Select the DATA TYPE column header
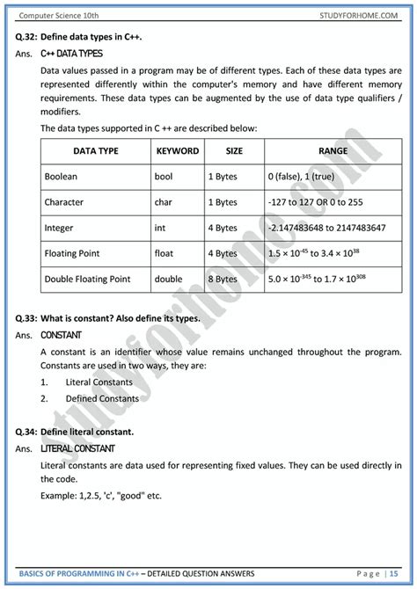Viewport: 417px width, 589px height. click(95, 151)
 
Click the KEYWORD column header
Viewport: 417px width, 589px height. click(177, 151)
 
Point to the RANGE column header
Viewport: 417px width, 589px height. click(333, 151)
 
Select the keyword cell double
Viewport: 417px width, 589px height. click(169, 279)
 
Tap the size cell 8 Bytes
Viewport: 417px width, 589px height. click(223, 279)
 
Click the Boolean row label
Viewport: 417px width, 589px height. click(61, 177)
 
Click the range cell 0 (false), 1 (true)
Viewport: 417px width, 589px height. click(302, 177)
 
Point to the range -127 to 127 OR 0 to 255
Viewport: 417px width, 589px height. click(319, 202)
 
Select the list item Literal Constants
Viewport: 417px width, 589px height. click(99, 382)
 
